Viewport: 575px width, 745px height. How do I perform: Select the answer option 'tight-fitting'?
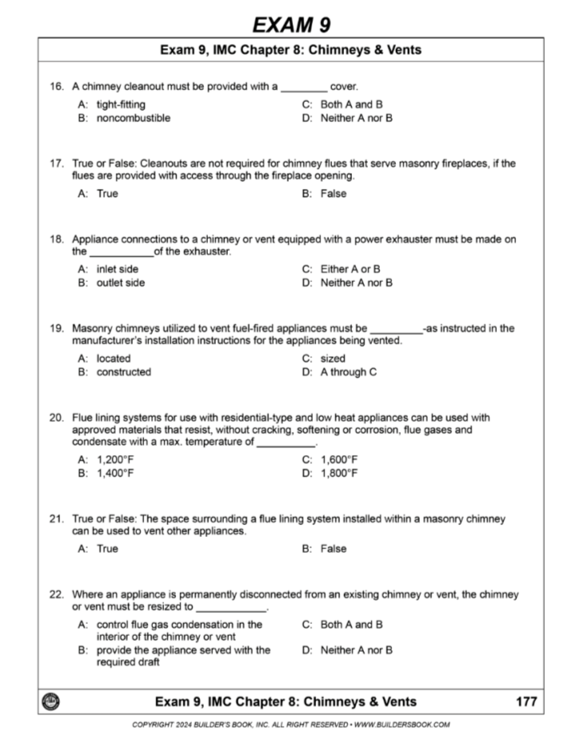click(121, 104)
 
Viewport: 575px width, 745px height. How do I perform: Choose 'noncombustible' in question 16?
click(133, 118)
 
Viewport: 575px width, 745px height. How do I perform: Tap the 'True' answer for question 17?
click(107, 194)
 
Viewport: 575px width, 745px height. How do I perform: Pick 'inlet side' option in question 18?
click(118, 269)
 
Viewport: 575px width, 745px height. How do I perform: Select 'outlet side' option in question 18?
click(120, 283)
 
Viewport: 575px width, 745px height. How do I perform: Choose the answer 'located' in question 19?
click(113, 359)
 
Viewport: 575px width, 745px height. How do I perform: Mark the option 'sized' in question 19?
click(333, 359)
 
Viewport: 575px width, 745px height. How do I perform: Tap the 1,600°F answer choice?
click(338, 460)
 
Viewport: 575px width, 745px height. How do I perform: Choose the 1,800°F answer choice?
click(338, 473)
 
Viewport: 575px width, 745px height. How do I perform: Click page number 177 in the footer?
click(526, 702)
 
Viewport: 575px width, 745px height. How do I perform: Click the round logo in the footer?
click(49, 702)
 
